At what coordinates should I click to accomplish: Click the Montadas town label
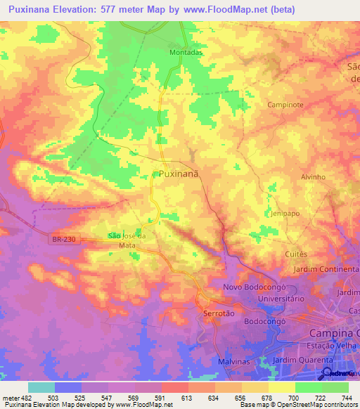click(x=186, y=52)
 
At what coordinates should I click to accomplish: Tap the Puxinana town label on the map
click(x=179, y=173)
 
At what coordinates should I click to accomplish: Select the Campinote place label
click(x=285, y=104)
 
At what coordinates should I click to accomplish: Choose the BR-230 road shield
click(x=63, y=240)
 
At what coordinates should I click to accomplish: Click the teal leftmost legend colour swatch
click(x=41, y=387)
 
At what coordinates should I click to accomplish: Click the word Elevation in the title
click(x=80, y=9)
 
